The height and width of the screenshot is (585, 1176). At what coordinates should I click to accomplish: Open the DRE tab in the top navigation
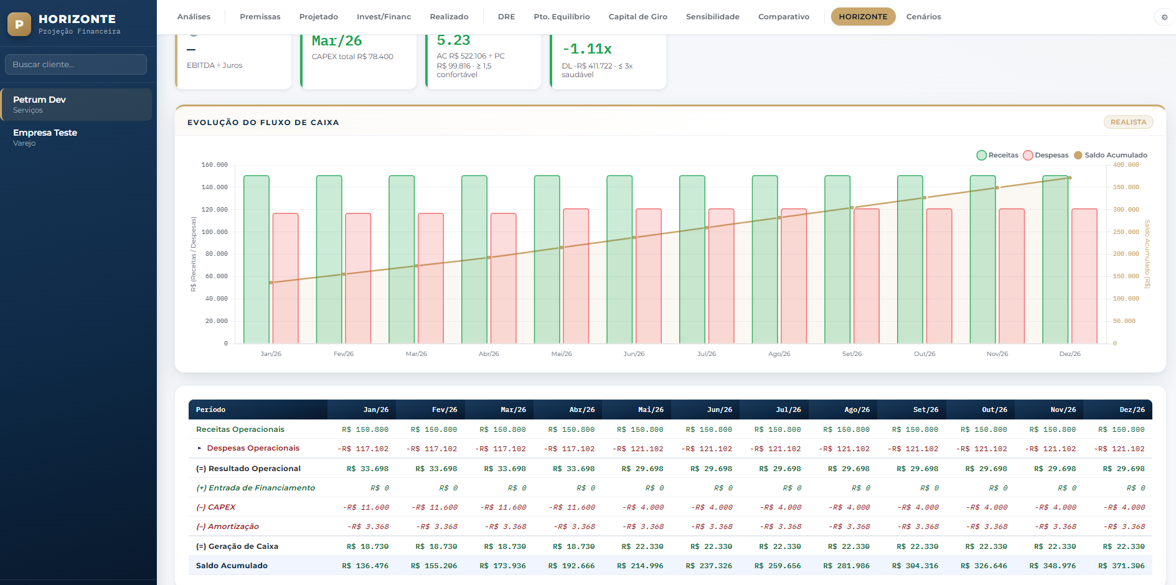click(x=506, y=17)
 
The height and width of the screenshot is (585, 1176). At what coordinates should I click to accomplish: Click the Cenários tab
click(x=923, y=17)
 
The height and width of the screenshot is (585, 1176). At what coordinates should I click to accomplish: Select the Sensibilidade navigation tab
click(x=712, y=17)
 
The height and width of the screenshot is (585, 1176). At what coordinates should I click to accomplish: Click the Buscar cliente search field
click(x=76, y=64)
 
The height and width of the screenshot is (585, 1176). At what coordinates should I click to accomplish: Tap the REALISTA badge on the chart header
click(x=1128, y=122)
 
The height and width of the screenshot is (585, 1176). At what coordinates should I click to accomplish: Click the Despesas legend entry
click(x=1046, y=155)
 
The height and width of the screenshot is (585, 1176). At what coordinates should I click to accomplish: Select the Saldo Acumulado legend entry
click(x=1111, y=155)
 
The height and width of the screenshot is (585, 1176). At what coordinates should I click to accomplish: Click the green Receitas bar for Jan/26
click(x=256, y=260)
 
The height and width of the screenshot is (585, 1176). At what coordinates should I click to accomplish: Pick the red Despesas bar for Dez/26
click(x=1084, y=276)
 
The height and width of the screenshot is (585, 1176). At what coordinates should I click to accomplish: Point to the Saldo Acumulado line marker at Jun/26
click(x=634, y=238)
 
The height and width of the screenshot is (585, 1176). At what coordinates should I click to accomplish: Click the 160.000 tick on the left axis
click(x=215, y=165)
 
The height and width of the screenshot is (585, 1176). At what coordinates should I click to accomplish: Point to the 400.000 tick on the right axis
click(x=1126, y=165)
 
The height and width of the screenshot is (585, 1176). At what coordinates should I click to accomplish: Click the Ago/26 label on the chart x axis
click(x=779, y=354)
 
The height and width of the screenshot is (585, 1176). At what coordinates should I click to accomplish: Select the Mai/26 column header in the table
click(x=651, y=409)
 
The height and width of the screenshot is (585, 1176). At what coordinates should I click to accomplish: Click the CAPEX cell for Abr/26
click(x=572, y=507)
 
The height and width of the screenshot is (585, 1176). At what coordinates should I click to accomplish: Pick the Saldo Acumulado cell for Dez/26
click(x=1121, y=566)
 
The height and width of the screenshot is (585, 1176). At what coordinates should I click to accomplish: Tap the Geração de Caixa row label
click(x=237, y=546)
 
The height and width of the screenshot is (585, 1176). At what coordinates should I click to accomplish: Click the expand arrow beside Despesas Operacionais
click(x=199, y=448)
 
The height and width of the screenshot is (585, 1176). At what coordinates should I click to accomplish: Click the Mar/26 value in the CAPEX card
click(x=337, y=41)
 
